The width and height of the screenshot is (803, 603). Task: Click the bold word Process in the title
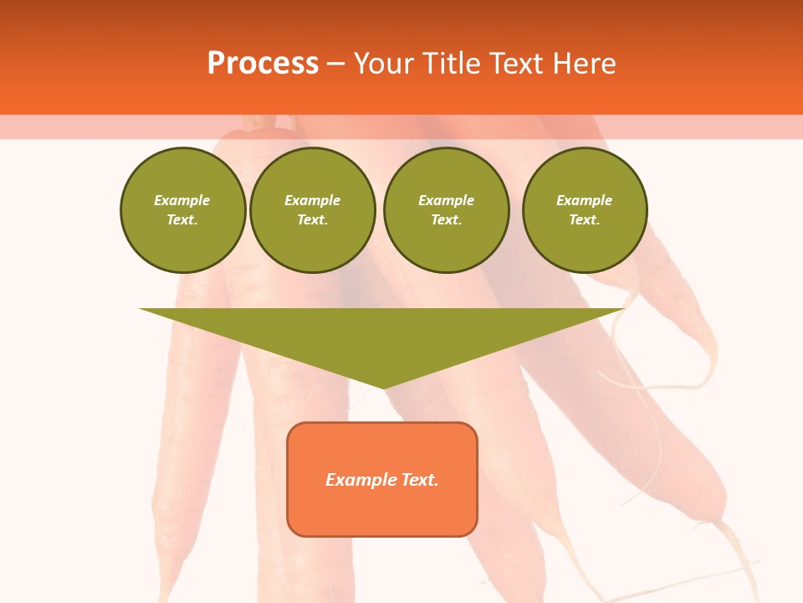263,64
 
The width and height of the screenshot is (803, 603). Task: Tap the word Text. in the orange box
420,480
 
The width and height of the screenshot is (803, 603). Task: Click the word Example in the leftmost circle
182,200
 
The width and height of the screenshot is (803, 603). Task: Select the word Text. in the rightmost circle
585,220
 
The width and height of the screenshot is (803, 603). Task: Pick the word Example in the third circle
446,200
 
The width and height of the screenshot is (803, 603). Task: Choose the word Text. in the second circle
313,220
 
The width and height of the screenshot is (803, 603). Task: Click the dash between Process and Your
335,64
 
